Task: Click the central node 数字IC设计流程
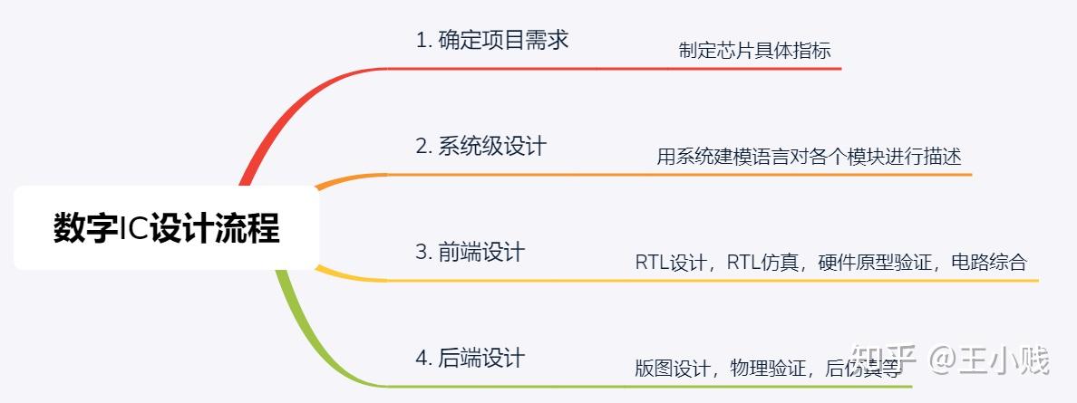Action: pos(166,228)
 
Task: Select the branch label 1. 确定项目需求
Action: pos(491,40)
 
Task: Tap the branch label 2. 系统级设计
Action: pos(480,146)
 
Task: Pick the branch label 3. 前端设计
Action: pos(470,252)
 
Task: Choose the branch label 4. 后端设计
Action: pos(470,358)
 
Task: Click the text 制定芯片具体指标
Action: pos(754,51)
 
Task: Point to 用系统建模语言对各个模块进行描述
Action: pos(809,157)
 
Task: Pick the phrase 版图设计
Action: pos(672,369)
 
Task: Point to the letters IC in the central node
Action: pos(134,228)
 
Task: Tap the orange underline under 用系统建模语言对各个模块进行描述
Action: pos(816,174)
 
